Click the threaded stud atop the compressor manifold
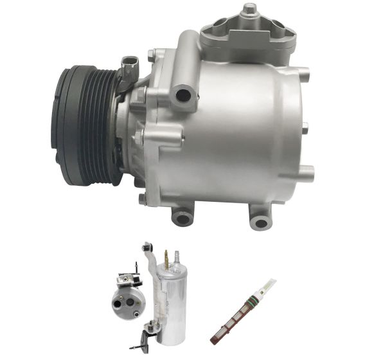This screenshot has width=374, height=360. (248, 9)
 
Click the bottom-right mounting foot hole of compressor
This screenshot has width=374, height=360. (260, 222)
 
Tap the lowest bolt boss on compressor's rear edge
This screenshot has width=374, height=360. (307, 172)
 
